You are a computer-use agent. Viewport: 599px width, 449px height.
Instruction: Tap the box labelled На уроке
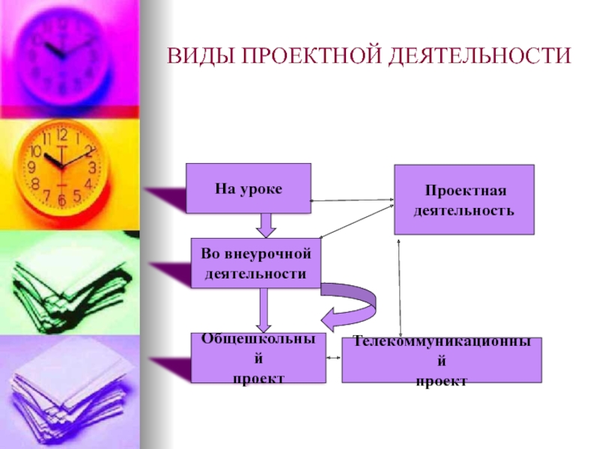(248, 188)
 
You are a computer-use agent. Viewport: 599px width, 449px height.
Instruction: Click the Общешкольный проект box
(258, 358)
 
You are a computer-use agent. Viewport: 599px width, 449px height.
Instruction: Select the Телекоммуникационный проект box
(442, 360)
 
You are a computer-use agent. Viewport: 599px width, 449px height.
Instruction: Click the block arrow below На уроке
(267, 224)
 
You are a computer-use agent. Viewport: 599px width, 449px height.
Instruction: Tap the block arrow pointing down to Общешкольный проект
(264, 310)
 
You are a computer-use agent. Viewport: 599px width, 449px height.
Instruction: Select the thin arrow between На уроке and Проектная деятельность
(352, 200)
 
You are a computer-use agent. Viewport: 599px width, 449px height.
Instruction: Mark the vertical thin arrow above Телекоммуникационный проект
(401, 288)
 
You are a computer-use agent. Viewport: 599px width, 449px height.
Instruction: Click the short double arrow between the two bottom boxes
(334, 359)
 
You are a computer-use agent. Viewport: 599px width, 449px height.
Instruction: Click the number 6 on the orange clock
(61, 200)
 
